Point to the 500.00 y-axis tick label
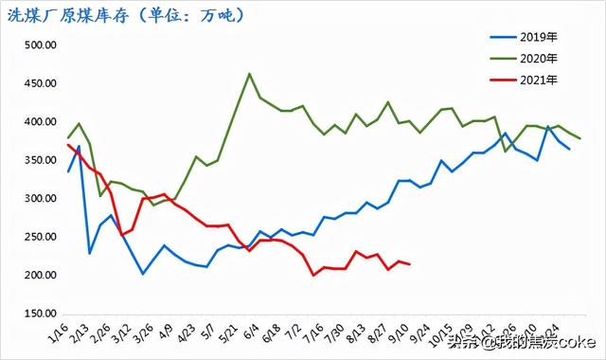click(x=40, y=45)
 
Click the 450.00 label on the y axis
click(x=40, y=83)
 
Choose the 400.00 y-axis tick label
click(x=40, y=122)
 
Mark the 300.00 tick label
click(x=40, y=199)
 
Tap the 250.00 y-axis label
click(x=40, y=237)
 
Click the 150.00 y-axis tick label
click(x=40, y=314)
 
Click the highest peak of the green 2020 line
click(x=249, y=73)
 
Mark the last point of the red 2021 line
click(x=409, y=264)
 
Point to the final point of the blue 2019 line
click(x=569, y=149)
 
